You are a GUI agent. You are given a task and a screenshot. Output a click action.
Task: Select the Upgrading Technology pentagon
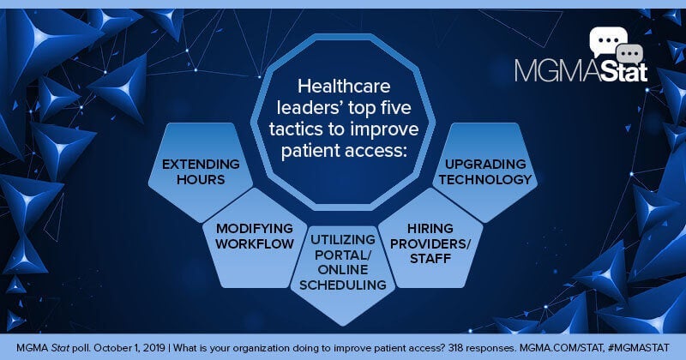click(x=488, y=171)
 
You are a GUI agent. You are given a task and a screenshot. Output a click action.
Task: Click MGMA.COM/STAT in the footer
click(x=568, y=346)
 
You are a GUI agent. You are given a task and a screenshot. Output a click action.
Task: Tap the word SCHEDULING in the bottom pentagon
click(x=341, y=283)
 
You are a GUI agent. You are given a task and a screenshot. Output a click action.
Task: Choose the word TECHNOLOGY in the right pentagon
click(x=488, y=179)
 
